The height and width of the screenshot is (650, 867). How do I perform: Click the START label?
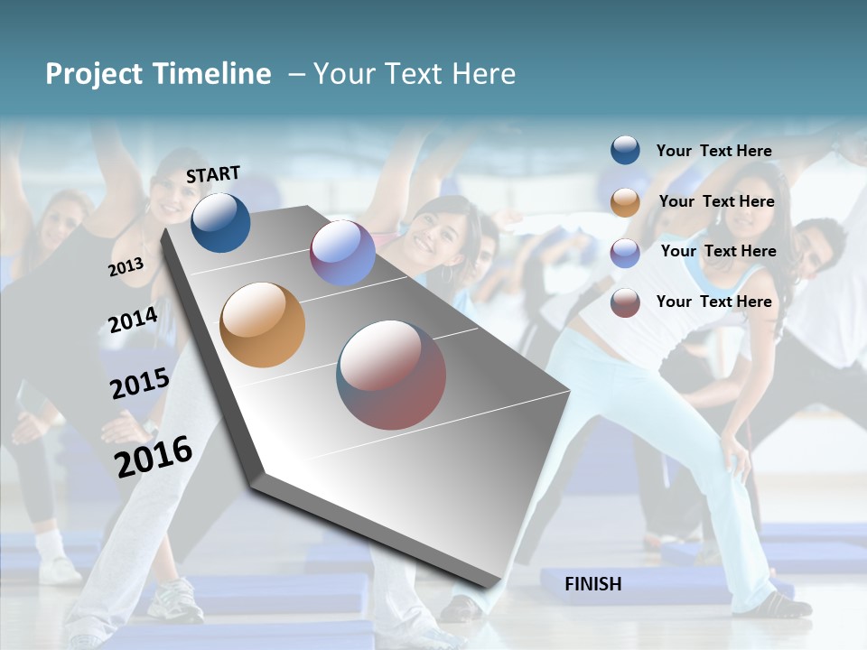213,174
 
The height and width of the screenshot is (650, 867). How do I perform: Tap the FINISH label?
592,584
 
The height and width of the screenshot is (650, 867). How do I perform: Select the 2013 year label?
126,266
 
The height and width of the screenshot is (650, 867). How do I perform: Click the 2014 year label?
133,320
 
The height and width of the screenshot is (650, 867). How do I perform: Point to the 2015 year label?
139,383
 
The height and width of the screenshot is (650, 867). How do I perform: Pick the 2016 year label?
154,456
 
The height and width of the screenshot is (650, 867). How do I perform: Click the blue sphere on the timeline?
220,222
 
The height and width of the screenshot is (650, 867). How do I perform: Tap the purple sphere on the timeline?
342,253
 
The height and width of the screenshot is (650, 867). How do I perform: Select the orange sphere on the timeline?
262,325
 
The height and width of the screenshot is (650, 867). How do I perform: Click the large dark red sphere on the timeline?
391,375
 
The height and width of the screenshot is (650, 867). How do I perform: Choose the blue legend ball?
625,150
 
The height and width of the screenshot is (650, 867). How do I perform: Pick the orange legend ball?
625,202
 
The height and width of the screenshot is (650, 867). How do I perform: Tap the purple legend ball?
625,253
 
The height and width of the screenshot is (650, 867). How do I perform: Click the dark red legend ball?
625,302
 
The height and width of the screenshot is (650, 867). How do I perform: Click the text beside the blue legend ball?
713,151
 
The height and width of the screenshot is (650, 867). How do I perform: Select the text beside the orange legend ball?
716,201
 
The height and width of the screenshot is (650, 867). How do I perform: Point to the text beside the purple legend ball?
718,251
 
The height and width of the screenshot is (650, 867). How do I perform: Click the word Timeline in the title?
213,74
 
